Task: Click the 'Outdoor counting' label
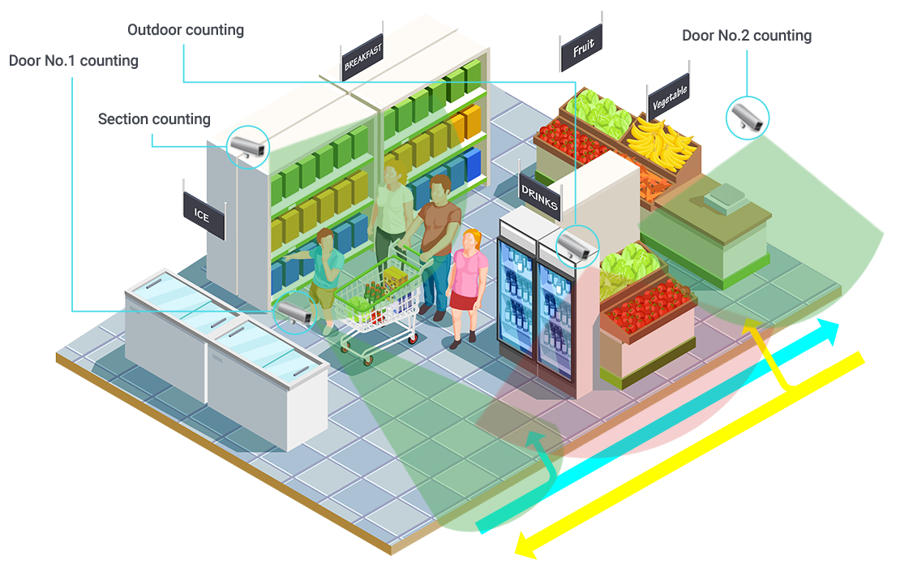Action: tap(186, 30)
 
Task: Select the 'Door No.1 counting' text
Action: tap(73, 61)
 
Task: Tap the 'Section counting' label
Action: tap(154, 119)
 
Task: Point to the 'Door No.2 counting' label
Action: tap(747, 36)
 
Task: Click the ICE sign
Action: tap(203, 214)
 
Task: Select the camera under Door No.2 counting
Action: tap(747, 117)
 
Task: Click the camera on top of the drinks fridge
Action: tap(576, 244)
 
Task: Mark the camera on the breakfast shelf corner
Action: tap(247, 145)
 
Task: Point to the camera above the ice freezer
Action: tap(294, 312)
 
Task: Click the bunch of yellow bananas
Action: tap(661, 142)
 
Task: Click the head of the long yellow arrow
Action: tap(523, 545)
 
